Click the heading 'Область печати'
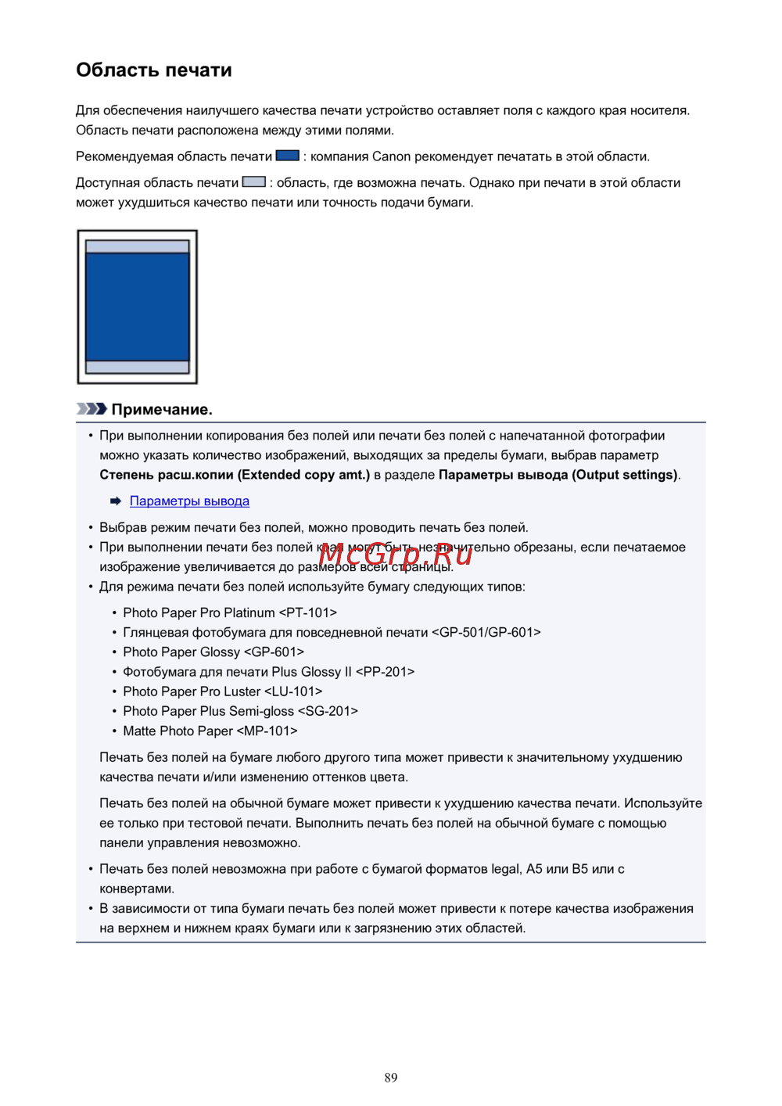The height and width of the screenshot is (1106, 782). coord(154,70)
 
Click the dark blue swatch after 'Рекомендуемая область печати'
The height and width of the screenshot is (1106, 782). coord(288,156)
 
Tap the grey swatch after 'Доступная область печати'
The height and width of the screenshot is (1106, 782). coord(254,181)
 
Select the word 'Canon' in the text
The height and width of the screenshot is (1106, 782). coord(391,156)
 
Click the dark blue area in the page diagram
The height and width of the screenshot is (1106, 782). coord(138,306)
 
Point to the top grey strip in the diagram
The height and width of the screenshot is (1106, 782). coord(138,246)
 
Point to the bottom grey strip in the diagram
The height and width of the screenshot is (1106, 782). coord(138,367)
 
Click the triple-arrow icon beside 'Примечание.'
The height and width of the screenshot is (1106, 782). coord(91,409)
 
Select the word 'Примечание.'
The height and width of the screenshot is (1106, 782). coord(162,410)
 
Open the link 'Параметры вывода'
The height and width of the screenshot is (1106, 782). coord(189,501)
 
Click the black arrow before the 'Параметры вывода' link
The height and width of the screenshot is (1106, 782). coord(116,501)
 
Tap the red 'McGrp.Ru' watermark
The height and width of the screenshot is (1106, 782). coord(396,555)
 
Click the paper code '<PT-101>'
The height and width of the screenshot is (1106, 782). coord(308,613)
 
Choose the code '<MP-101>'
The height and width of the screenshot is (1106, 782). coord(267,731)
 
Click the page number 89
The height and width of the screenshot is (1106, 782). coord(391,1078)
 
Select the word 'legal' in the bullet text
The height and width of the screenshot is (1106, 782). coord(507,869)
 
